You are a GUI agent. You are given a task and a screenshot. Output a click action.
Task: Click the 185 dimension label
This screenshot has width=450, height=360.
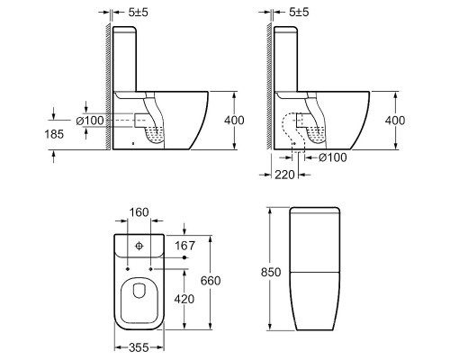point(54,134)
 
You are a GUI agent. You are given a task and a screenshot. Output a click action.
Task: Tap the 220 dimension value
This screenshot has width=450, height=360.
point(284,175)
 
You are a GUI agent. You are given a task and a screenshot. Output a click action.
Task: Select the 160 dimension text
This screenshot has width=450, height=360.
point(139,212)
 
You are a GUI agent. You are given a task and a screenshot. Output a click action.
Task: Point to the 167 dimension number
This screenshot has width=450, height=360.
point(184,246)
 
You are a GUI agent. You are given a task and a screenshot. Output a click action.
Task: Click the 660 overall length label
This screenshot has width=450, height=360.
point(211,281)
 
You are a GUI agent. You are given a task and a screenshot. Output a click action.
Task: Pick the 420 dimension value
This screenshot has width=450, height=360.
point(184,299)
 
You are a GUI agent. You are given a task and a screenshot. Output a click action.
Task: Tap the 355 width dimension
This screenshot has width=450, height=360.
point(139,347)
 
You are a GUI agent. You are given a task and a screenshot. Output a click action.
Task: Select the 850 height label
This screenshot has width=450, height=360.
point(271,273)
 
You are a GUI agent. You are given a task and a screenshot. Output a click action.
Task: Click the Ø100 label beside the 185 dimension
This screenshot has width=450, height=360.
point(90,121)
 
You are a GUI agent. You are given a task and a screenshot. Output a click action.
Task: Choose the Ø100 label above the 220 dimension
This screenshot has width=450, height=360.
point(332,157)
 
